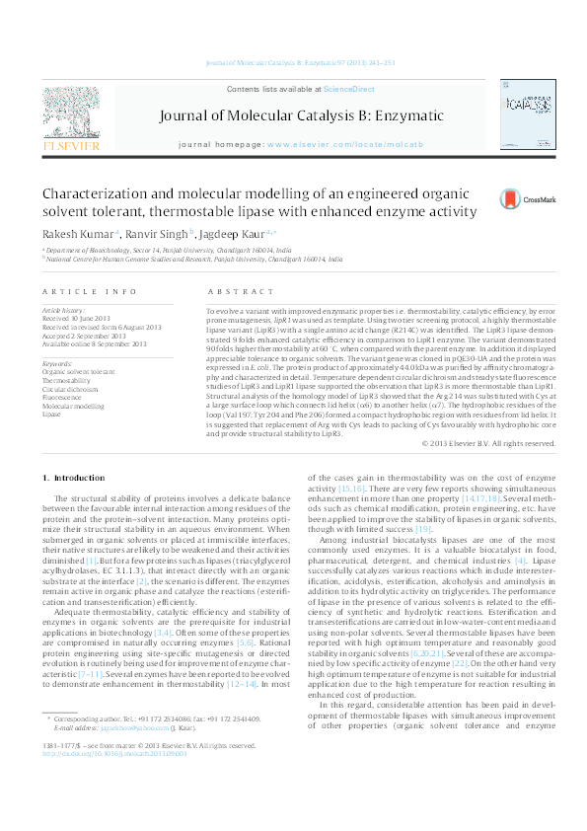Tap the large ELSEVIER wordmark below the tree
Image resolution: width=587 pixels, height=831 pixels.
tap(70, 146)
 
